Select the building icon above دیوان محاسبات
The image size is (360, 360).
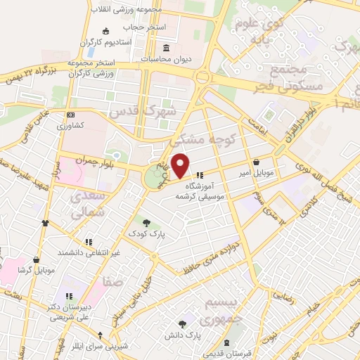[166, 48]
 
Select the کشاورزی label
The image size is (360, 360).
[70, 124]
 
